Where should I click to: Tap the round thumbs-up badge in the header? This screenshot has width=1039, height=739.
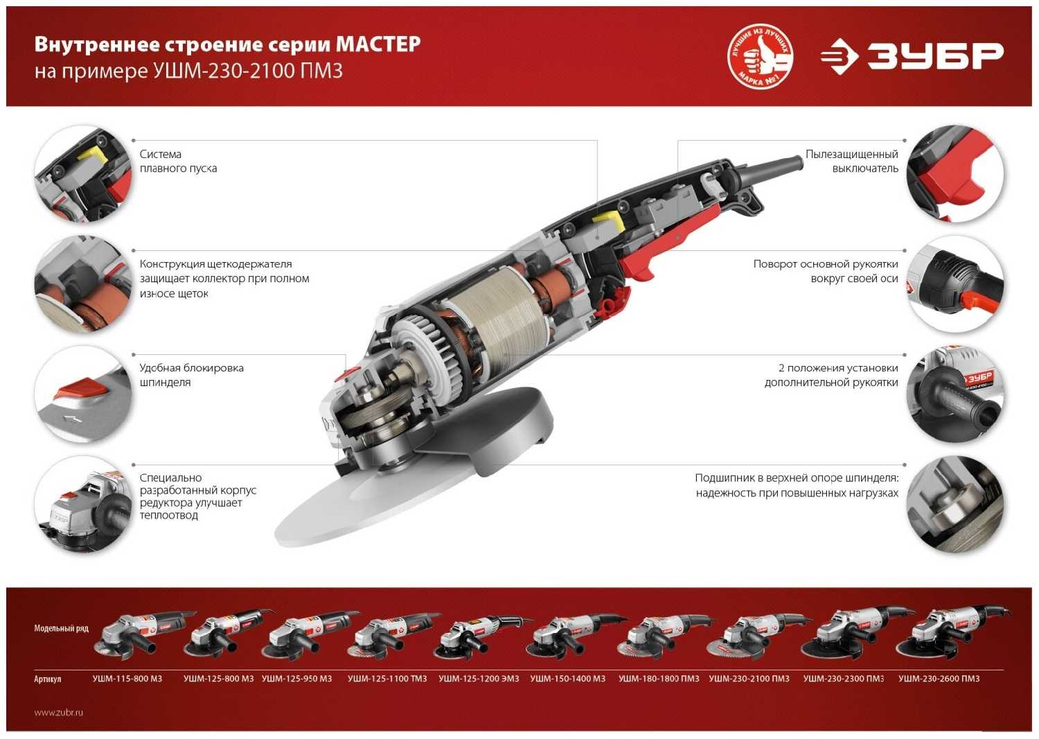(x=760, y=57)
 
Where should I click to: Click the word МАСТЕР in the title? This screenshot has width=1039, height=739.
(x=378, y=44)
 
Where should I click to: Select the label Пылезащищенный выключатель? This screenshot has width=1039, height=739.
(x=851, y=161)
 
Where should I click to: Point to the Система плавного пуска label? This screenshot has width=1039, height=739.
(x=178, y=161)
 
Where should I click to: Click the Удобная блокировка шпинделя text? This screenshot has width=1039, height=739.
(x=191, y=375)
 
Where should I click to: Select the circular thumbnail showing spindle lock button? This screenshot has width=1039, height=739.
(x=82, y=394)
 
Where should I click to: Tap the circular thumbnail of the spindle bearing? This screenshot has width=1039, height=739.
(x=954, y=505)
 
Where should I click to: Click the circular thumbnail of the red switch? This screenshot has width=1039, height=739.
(x=954, y=174)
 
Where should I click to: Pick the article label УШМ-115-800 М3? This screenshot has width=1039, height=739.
(x=127, y=679)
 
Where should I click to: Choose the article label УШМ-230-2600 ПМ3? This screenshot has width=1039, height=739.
(x=939, y=679)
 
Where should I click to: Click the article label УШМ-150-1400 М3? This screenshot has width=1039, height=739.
(x=567, y=679)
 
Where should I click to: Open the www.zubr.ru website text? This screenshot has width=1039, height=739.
(x=59, y=712)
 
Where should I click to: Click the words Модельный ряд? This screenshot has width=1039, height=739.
(x=61, y=628)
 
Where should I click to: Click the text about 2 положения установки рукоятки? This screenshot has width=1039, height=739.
(x=831, y=375)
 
